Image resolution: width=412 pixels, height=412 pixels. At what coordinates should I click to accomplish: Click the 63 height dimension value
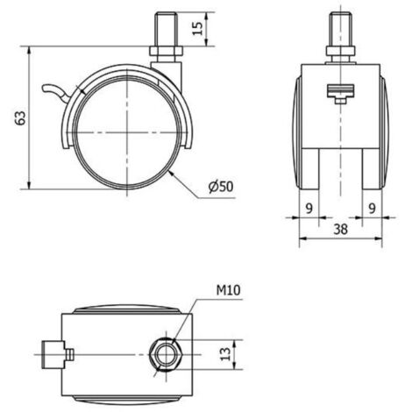coord(21,117)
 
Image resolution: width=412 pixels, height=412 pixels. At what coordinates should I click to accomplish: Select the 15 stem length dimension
coord(198,28)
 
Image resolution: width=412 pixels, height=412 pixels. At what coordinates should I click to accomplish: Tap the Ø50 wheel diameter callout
coord(221,187)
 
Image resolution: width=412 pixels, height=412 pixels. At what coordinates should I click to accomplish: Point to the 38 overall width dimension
coord(340,229)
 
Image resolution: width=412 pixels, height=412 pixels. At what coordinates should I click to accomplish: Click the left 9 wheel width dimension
coord(309,209)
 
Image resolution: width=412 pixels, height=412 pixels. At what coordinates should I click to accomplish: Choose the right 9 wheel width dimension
coord(372,209)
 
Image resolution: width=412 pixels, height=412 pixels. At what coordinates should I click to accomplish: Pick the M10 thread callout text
coord(228,290)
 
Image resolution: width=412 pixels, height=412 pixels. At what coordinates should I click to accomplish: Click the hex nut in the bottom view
coord(167,355)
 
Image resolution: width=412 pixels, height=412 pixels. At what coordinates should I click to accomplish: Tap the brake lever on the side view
coord(56,92)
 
